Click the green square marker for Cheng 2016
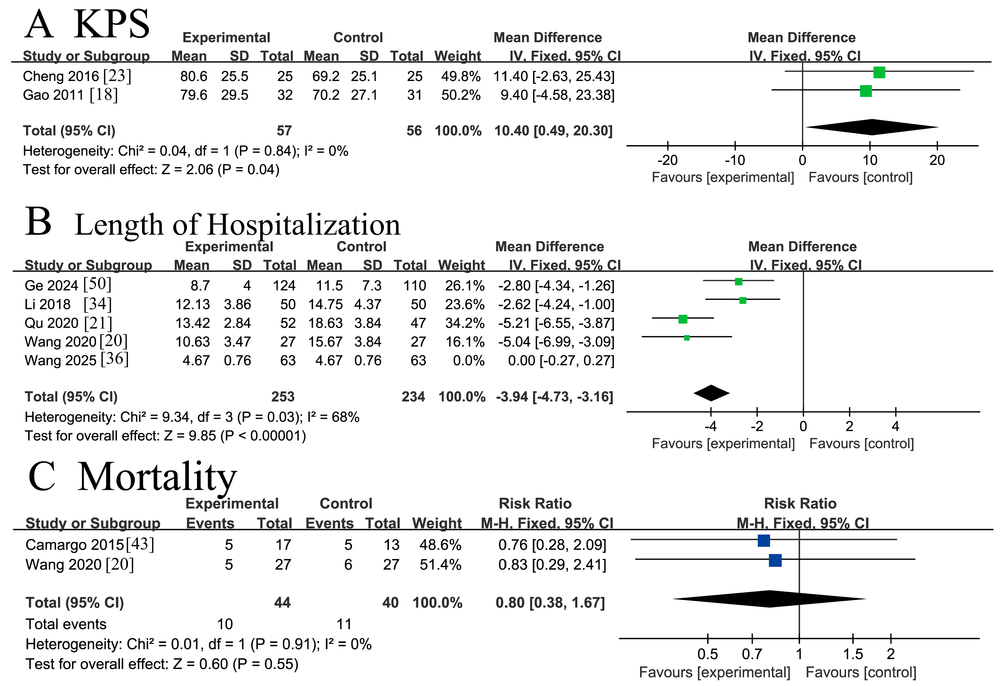click(x=879, y=72)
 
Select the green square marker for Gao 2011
click(x=866, y=91)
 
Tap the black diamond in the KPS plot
click(x=871, y=127)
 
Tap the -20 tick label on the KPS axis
click(x=667, y=160)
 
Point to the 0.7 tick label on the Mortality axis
click(x=752, y=654)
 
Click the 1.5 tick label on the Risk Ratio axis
click(x=853, y=654)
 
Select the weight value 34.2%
click(x=465, y=323)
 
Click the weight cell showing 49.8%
click(x=460, y=76)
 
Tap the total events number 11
click(x=344, y=624)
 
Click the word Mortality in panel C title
click(x=157, y=477)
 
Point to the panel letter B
click(x=38, y=222)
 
